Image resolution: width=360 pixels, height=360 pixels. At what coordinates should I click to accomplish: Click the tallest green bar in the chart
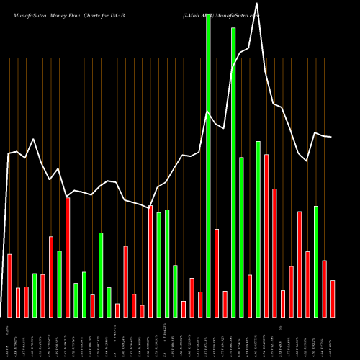(x=208, y=166)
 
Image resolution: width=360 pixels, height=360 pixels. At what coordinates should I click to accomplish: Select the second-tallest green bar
(x=233, y=173)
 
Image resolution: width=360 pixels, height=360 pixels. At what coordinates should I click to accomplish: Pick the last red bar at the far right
(x=333, y=298)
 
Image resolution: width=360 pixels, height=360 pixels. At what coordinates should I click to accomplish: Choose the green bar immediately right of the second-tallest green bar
(x=241, y=237)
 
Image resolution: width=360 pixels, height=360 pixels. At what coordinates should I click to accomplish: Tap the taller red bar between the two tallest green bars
(x=217, y=273)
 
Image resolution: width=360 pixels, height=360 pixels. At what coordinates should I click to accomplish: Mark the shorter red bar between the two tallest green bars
(x=225, y=304)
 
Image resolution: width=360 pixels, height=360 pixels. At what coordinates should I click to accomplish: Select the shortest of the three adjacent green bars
(x=175, y=291)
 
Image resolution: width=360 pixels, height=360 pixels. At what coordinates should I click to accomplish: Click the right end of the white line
(x=331, y=137)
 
